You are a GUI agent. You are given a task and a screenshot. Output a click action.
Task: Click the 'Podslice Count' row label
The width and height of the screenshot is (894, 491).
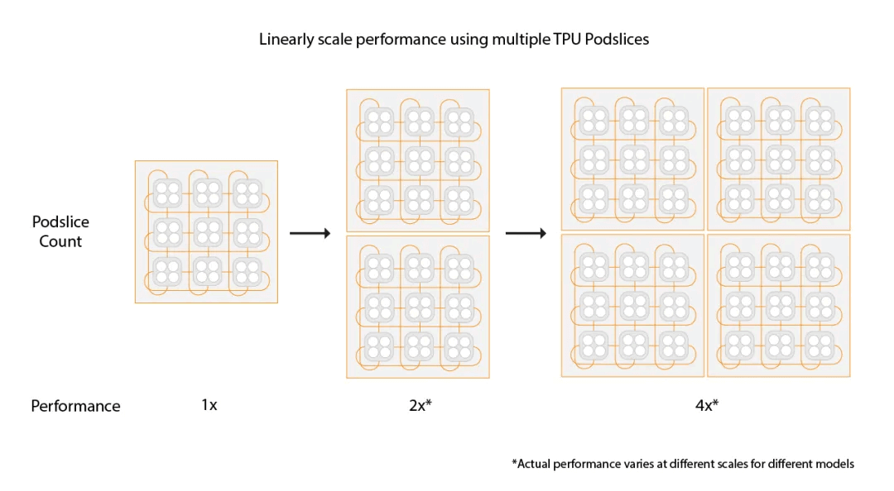coord(60,231)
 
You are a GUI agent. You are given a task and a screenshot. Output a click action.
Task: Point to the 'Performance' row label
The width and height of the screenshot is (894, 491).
coord(75,406)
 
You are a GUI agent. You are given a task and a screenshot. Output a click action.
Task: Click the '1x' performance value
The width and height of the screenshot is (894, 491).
coord(209,405)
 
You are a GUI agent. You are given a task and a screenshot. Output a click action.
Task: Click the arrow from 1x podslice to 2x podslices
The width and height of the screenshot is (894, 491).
coord(310,234)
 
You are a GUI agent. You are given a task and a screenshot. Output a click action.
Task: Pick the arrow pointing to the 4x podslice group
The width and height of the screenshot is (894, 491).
coord(526,234)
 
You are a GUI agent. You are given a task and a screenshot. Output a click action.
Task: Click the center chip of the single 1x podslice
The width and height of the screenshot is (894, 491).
coord(207,232)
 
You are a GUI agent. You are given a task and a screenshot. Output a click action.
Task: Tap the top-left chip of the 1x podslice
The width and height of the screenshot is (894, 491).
coord(168,193)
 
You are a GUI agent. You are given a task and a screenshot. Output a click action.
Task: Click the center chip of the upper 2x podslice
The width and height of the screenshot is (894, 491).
coord(417,160)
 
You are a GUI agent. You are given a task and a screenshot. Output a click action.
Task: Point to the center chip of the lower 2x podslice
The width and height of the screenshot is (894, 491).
coord(417,307)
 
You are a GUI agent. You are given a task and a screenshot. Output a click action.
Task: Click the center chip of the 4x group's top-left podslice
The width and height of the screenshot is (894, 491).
coord(632,158)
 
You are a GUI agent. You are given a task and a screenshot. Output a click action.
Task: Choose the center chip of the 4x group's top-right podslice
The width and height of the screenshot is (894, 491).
coord(778,158)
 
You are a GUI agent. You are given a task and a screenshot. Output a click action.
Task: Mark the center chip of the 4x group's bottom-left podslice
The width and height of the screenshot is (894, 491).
coord(632,305)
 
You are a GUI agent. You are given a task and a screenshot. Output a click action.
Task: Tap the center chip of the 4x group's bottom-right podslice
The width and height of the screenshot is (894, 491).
coord(778,305)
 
